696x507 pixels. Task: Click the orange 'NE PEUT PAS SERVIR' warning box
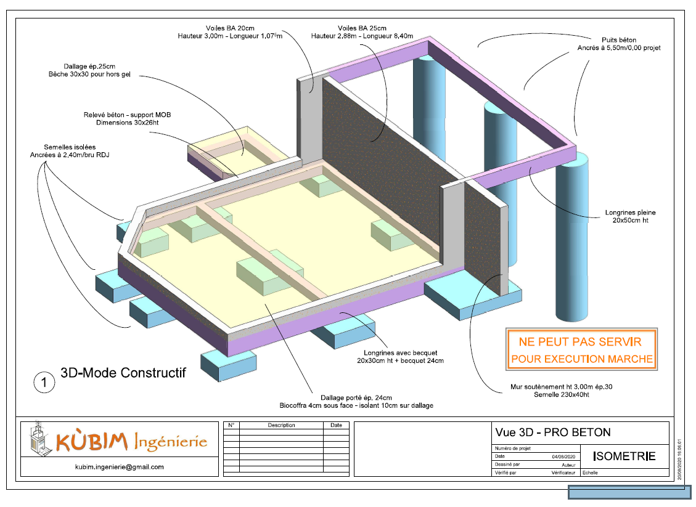pos(581,349)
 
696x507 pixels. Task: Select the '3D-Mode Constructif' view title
pos(123,373)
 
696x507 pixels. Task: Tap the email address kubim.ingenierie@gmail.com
pos(120,467)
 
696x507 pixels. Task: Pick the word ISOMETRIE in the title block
pos(624,456)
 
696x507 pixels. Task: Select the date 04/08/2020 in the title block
pos(563,456)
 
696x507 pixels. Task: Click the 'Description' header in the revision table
pos(281,425)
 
